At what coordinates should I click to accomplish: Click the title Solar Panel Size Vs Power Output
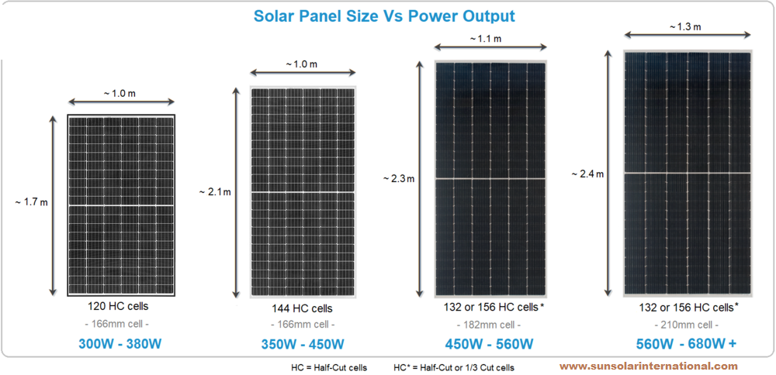384,15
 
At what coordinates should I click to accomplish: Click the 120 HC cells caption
121,306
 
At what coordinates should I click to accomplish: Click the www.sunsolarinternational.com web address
648,366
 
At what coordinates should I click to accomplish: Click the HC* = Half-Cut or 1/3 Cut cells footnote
454,366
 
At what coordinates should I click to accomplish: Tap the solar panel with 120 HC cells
121,205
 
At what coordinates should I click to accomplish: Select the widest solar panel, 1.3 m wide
688,174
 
